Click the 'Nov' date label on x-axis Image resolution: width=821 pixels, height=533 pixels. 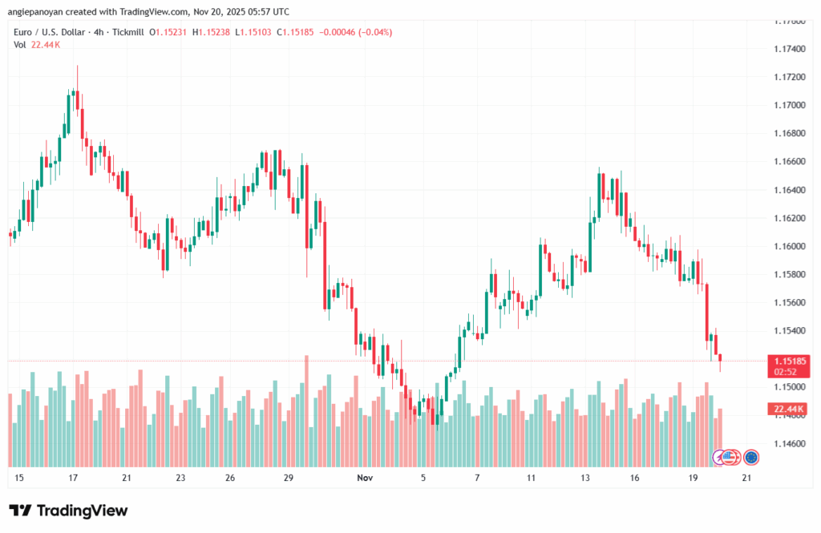click(365, 478)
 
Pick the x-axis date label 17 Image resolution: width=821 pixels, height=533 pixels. click(73, 478)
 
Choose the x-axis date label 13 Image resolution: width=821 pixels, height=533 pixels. click(586, 478)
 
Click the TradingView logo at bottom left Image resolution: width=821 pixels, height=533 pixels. click(68, 511)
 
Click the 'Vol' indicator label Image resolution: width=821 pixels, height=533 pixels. click(19, 45)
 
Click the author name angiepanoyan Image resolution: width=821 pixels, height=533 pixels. click(47, 12)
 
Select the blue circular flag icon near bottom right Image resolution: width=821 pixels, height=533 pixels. click(751, 457)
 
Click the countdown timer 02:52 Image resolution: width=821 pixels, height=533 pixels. click(786, 372)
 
